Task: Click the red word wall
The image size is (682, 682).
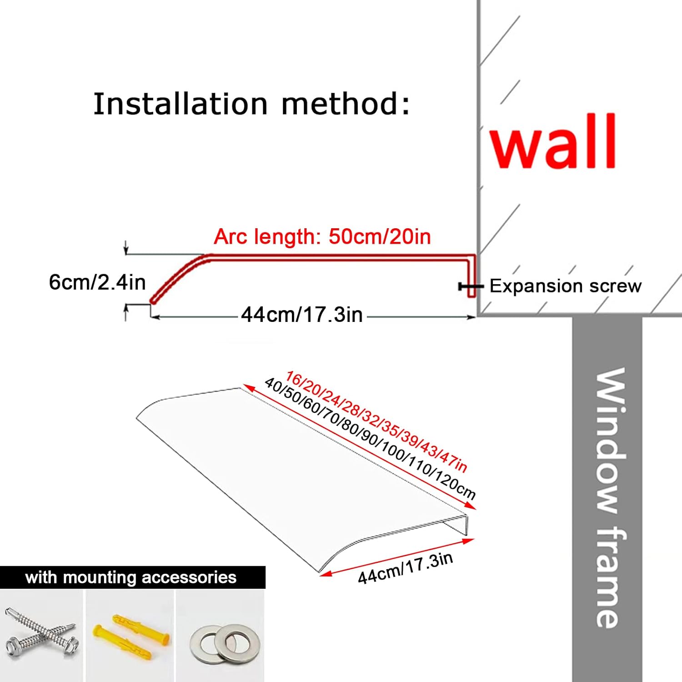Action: point(553,142)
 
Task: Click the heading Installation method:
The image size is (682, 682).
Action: point(251,104)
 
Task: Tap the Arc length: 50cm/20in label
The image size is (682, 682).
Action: point(322,237)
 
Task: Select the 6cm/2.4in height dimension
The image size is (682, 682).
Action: point(97,282)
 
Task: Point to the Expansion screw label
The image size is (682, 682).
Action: point(565,286)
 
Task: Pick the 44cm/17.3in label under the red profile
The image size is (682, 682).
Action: point(302,315)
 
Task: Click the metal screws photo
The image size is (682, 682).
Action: point(42,634)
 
